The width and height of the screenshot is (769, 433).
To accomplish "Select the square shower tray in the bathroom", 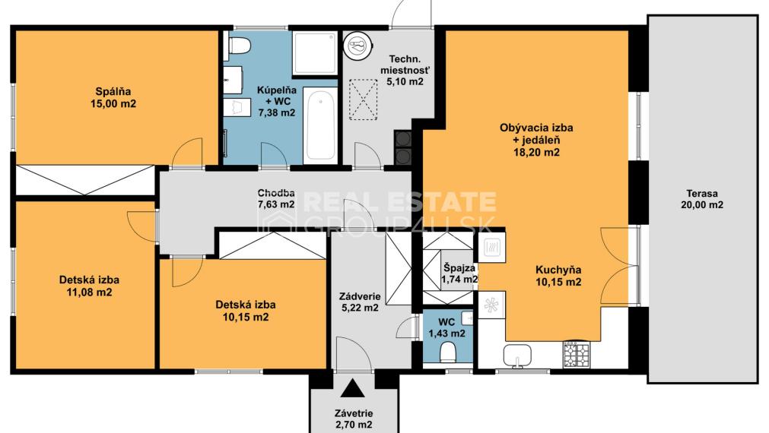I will coord(315,53).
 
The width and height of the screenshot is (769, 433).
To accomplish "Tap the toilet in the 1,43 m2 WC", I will coord(449,350).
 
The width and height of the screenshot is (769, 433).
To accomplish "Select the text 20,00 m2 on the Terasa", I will coord(701,205).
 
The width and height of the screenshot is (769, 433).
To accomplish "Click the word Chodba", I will coord(275,192).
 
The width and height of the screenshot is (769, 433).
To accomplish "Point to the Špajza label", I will coord(459,268).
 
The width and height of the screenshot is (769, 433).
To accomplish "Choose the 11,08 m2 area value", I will coord(89,292).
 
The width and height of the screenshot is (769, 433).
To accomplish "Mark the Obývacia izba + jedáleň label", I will coord(535,134).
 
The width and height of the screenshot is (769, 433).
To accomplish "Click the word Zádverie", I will coord(361,296).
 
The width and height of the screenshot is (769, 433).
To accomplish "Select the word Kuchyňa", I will coord(558,269).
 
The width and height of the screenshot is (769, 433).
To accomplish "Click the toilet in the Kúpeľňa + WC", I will coord(239,46).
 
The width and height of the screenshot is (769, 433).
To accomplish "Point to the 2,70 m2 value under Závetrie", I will coord(354,424).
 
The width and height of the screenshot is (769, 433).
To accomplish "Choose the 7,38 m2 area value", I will coord(275,112).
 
